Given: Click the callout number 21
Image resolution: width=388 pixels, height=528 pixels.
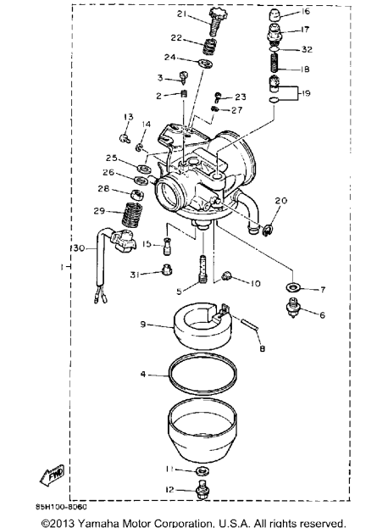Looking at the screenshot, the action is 182,14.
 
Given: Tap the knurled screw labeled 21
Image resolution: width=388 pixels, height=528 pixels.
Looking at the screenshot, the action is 216,22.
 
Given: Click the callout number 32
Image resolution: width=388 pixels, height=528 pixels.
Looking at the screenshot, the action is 307,49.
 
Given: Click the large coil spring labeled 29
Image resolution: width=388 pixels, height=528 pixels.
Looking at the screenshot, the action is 131,214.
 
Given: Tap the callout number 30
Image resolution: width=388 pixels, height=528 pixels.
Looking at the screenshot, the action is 79,248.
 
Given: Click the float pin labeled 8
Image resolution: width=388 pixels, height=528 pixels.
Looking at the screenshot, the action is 249,325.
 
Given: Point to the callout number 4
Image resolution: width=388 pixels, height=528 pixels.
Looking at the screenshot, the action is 143,374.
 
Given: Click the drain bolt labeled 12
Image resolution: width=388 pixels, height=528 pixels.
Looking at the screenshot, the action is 202,490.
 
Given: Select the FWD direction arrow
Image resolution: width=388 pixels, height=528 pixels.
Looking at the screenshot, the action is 53,475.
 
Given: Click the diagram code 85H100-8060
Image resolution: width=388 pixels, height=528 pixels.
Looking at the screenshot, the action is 62,507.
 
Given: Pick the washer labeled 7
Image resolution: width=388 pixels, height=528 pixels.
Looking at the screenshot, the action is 293,287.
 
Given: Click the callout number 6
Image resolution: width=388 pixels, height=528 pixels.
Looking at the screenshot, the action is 322,315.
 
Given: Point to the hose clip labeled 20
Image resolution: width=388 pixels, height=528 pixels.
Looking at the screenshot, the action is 268,230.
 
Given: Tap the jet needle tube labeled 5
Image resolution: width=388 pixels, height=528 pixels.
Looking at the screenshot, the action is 203,269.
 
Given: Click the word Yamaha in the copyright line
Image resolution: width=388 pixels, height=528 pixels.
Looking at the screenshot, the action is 98,523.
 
